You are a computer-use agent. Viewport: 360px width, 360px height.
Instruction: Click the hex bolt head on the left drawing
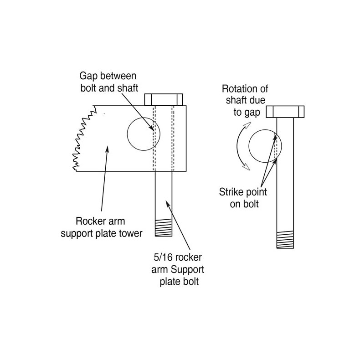(164, 99)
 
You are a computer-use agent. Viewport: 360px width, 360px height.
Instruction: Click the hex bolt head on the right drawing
(285, 111)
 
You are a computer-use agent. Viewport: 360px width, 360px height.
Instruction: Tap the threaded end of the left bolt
(164, 227)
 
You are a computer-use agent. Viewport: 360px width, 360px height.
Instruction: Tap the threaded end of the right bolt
(286, 240)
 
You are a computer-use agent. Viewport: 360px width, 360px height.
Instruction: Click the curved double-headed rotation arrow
(241, 149)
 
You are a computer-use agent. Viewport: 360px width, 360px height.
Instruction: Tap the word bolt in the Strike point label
(250, 204)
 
